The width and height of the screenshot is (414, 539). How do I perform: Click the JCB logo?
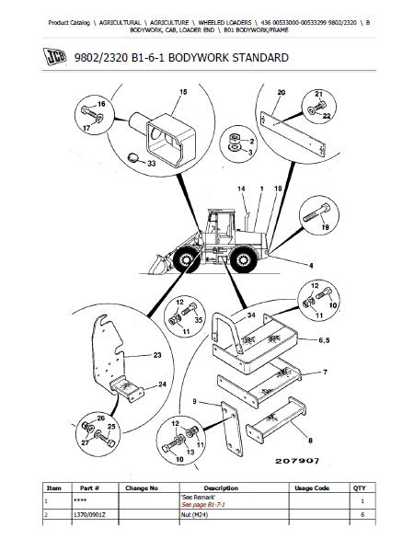tap(54, 56)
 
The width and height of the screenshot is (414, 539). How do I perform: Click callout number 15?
tap(183, 92)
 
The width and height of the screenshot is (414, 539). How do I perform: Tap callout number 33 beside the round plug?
tap(152, 164)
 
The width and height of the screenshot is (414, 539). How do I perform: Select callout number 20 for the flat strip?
tap(282, 93)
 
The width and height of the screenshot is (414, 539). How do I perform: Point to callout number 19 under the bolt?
tap(325, 227)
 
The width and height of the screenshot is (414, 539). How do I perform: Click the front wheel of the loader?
tap(187, 259)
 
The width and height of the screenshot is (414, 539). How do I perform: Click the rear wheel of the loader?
tap(244, 259)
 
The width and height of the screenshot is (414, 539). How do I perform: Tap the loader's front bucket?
tap(160, 264)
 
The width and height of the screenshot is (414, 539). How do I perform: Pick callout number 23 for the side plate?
tap(157, 355)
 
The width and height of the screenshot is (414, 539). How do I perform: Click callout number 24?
tap(162, 384)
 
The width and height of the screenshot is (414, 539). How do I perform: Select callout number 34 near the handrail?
tap(251, 315)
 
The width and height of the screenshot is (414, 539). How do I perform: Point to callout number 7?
tap(325, 372)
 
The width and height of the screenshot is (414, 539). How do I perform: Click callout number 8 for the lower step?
tap(310, 440)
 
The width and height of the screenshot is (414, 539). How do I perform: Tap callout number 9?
tap(195, 401)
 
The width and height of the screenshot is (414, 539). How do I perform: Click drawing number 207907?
tap(297, 461)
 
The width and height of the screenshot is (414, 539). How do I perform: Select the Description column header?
tap(221, 487)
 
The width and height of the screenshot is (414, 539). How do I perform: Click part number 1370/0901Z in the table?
tap(87, 514)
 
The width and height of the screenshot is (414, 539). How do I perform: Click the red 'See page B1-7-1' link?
tap(203, 505)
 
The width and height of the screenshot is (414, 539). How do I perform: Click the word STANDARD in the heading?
tap(260, 57)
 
